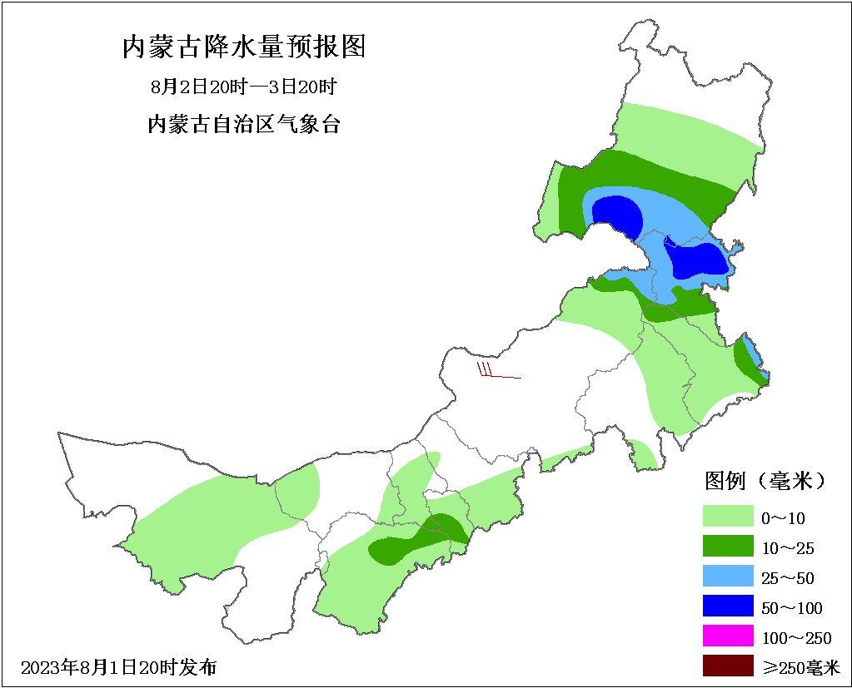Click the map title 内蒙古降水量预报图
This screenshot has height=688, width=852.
click(244, 47)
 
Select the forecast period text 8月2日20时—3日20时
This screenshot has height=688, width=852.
click(244, 87)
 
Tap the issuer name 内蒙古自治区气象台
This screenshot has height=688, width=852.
click(244, 125)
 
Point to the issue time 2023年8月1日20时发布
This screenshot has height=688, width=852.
click(119, 667)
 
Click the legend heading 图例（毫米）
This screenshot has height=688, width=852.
click(765, 480)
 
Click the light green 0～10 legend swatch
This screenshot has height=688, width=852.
click(727, 517)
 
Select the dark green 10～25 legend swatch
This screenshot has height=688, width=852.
click(727, 547)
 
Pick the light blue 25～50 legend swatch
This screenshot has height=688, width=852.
click(727, 577)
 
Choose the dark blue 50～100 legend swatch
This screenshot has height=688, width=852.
click(727, 607)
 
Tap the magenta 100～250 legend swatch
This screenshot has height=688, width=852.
click(727, 637)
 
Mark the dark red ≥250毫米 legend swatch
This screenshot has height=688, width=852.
click(727, 666)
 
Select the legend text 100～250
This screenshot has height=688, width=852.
click(796, 638)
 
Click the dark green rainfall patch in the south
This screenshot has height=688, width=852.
click(416, 541)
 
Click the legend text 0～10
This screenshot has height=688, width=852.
click(783, 518)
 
